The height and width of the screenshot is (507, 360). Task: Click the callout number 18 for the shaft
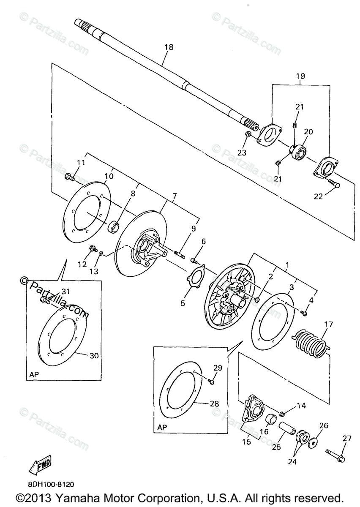(x=169, y=47)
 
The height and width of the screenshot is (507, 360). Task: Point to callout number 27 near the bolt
(x=347, y=439)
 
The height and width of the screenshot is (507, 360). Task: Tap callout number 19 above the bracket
(x=300, y=76)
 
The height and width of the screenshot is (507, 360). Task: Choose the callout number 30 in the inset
(x=94, y=356)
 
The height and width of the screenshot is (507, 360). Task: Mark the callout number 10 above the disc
(x=109, y=176)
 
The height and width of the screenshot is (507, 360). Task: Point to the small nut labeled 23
(x=248, y=134)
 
